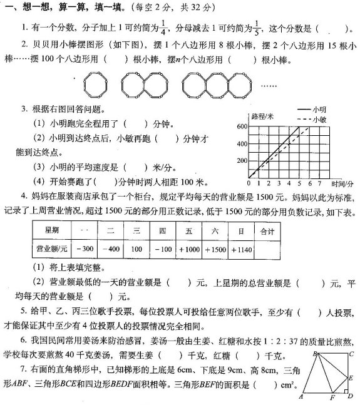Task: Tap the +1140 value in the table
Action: click(242, 249)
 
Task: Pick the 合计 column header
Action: click(267, 231)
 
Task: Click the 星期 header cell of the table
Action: click(52, 231)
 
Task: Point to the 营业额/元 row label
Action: click(52, 249)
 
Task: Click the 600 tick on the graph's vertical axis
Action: click(242, 126)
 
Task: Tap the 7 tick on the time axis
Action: click(319, 184)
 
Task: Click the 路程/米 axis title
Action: click(260, 116)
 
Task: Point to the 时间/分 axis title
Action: click(342, 185)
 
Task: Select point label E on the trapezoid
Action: click(352, 377)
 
